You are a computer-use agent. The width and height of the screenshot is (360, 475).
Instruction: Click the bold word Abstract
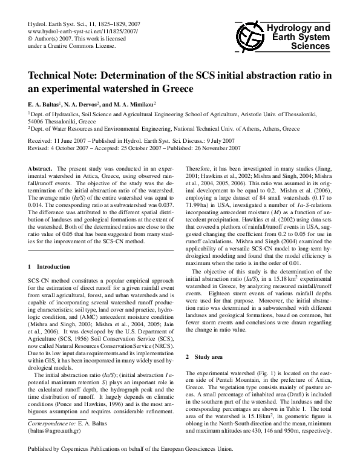point(41,166)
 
